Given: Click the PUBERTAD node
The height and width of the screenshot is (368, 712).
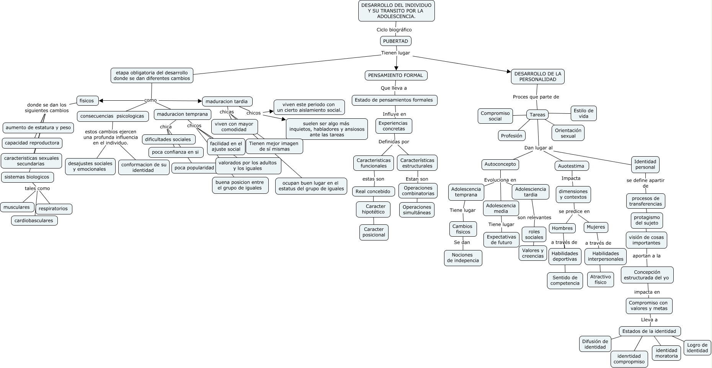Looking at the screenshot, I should point(396,41).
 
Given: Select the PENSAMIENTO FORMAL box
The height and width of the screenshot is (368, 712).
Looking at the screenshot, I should point(396,75).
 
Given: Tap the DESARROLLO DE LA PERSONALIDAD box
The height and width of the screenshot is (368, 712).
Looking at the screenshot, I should point(537,77).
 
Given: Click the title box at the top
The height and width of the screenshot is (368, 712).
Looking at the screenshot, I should point(396,11).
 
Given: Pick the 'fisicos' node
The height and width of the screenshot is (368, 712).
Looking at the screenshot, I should point(87,101).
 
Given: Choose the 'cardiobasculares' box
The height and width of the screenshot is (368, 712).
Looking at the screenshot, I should point(34,221).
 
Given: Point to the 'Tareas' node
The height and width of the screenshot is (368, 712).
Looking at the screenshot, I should point(537,114).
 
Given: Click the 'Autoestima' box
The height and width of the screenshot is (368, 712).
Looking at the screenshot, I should point(571,166).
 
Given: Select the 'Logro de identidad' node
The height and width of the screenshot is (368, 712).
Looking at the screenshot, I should point(697,348).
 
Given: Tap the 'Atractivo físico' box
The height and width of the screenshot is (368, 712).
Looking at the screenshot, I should point(600,280).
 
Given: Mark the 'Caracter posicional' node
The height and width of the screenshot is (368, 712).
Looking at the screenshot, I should point(374,232).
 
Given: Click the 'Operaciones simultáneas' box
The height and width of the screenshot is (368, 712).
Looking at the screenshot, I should point(417,210).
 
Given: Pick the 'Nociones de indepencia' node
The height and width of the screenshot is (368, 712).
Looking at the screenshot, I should point(463,258).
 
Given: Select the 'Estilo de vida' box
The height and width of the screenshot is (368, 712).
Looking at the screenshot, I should point(583,113).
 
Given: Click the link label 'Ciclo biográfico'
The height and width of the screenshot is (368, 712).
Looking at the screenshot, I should point(394,29).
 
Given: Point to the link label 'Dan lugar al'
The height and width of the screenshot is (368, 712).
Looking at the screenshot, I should point(538,148).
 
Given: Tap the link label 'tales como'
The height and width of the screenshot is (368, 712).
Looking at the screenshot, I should point(37,188).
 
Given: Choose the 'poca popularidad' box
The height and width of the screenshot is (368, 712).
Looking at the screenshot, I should point(194,168).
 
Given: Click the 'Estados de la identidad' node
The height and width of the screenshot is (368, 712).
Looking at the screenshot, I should point(649,331).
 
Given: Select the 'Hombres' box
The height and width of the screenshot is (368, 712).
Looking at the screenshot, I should point(562,228).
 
